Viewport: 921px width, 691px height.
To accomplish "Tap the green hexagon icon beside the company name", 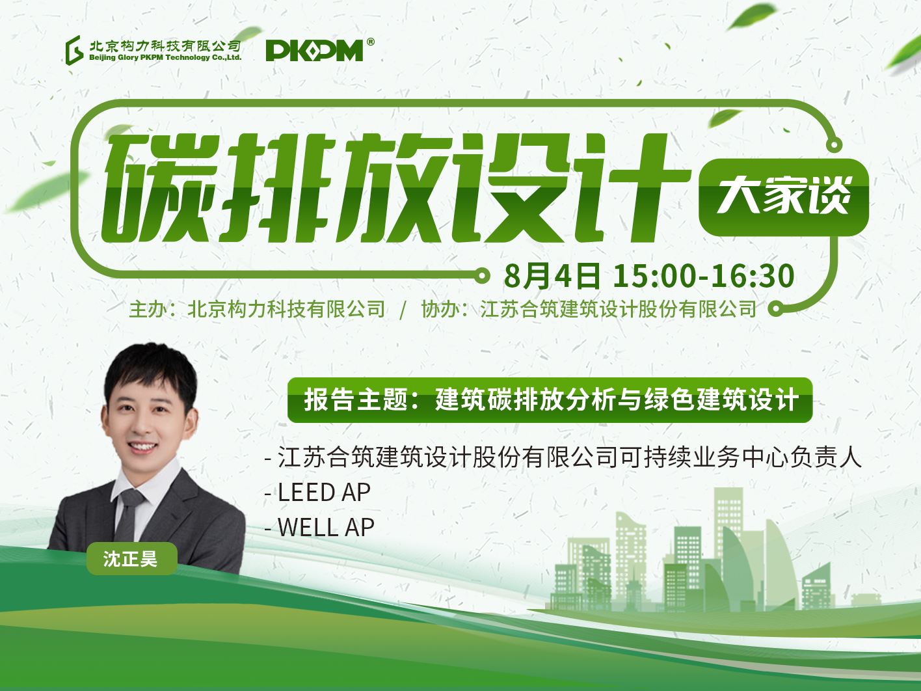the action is click(74, 50).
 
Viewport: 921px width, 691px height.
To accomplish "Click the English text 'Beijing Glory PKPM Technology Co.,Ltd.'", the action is click(165, 57).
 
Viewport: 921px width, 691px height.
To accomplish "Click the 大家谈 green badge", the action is click(783, 196).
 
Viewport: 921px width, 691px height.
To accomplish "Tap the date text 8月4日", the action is click(552, 276).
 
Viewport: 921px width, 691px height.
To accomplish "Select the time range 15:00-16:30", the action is click(704, 276).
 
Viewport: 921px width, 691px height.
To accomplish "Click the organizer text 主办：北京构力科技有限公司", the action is click(257, 309).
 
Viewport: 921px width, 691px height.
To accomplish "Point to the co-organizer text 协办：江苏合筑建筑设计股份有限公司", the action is click(589, 309).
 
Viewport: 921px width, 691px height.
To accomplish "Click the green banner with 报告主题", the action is click(550, 400).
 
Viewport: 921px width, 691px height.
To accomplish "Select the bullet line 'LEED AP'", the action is click(317, 492).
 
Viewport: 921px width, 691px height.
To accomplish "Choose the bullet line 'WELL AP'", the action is click(319, 528).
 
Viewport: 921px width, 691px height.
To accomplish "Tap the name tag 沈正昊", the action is click(132, 558).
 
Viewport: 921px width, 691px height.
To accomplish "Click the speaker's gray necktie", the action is click(129, 516).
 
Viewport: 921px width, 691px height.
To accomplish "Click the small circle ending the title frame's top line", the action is click(834, 145).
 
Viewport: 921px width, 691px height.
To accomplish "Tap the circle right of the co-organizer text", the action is click(776, 309).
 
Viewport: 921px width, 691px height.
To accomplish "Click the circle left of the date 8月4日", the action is click(482, 276).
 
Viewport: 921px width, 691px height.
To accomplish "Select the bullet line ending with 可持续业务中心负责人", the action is click(563, 457).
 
